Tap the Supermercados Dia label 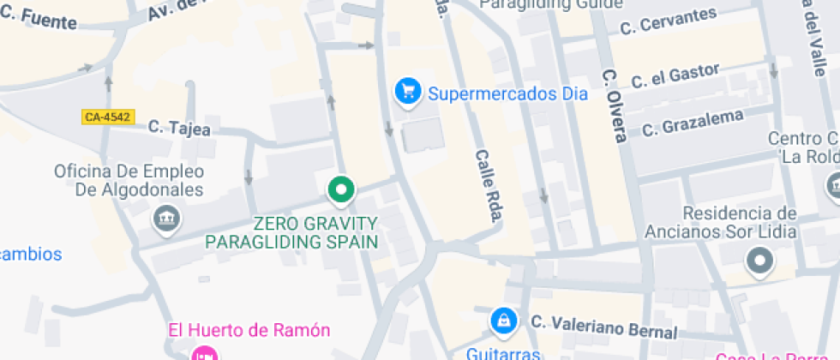coord(507,93)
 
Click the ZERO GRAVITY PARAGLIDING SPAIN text coord(291,232)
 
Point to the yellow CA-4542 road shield coord(109,117)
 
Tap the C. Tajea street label coord(178,128)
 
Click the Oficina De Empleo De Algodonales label coord(129,180)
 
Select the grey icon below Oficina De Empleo coord(165,220)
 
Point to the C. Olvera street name coord(615,105)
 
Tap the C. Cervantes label coord(668,21)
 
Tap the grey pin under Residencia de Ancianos coord(759,261)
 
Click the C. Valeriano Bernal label coord(603,327)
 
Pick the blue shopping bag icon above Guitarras coord(503,321)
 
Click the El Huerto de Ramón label coord(249,330)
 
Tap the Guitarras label coord(502,352)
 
